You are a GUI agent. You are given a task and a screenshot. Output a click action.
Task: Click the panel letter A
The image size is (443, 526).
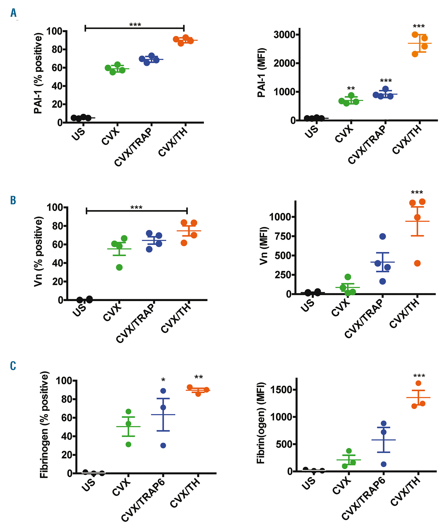tap(13, 13)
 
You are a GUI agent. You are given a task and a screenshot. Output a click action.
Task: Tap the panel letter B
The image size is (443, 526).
tap(13, 201)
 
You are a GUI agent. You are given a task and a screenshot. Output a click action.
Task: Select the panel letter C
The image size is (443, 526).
tap(13, 366)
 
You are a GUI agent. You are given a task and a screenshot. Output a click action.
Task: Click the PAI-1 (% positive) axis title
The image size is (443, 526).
tap(38, 73)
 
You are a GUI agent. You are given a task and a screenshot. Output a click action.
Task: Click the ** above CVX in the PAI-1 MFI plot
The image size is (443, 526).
tap(351, 89)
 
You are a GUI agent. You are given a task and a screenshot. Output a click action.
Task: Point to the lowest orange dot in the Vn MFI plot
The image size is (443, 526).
tap(417, 263)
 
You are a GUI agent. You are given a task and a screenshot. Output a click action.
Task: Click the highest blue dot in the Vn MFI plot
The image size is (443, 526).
tap(383, 236)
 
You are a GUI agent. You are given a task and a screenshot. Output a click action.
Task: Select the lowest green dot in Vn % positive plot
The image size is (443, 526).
tap(119, 267)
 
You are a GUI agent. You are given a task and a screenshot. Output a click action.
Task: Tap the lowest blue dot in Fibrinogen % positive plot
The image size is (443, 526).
tap(163, 446)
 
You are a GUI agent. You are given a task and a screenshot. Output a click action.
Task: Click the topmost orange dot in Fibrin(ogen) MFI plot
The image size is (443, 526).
tap(418, 383)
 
